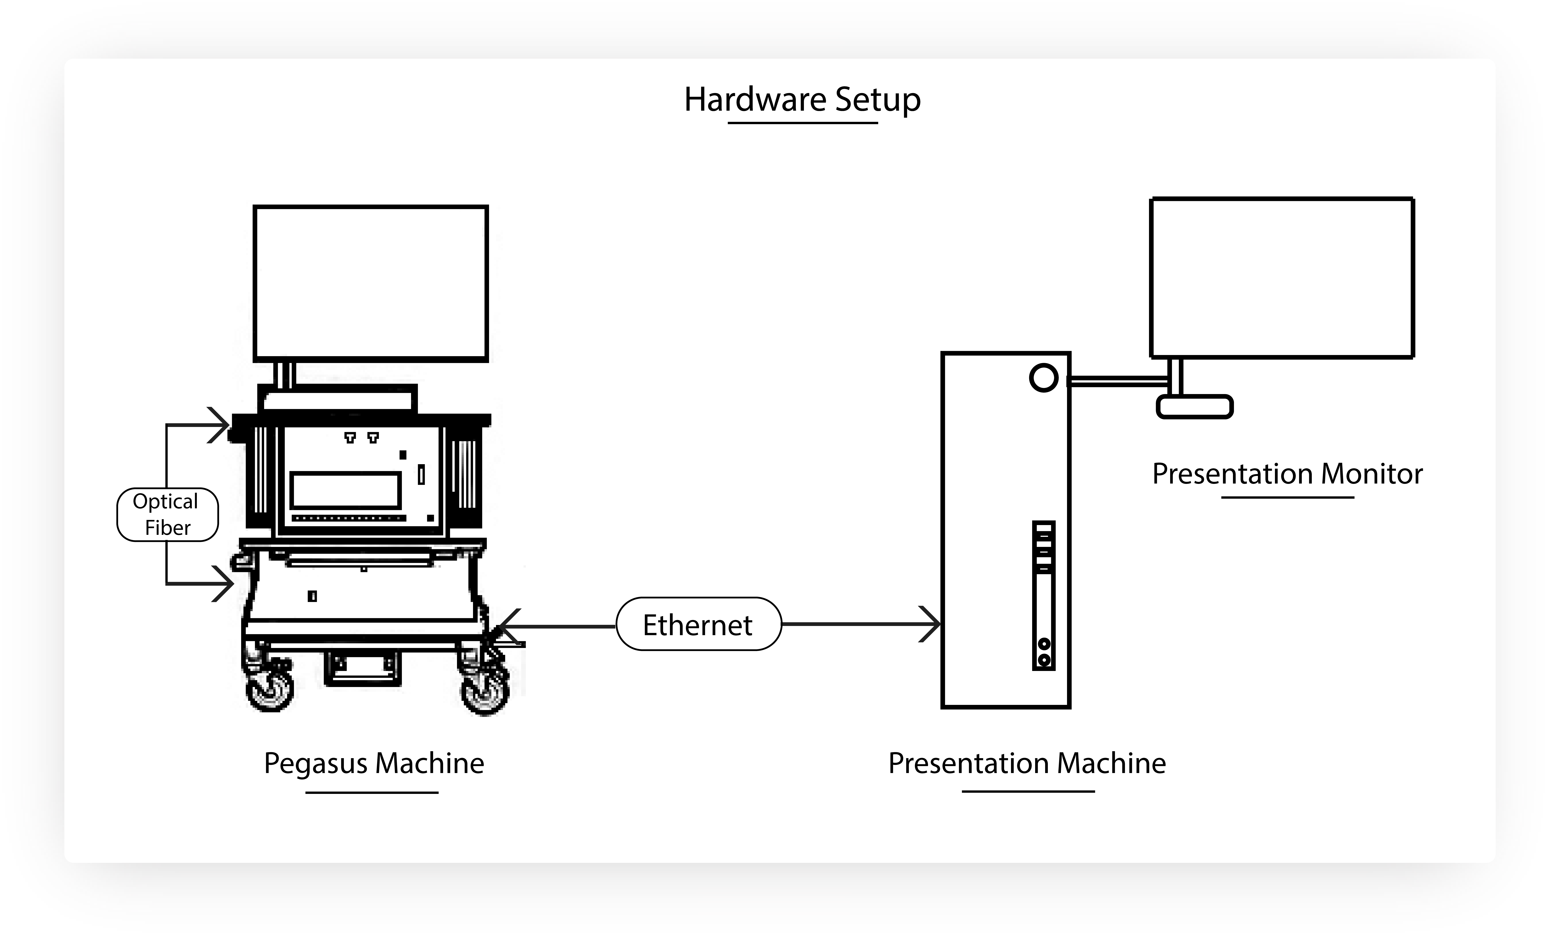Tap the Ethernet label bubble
pyautogui.click(x=698, y=624)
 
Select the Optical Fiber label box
pyautogui.click(x=167, y=514)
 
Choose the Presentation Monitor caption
pyautogui.click(x=1287, y=474)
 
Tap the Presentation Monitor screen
pyautogui.click(x=1282, y=277)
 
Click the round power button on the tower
pyautogui.click(x=1043, y=378)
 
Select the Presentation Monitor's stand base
pyautogui.click(x=1194, y=407)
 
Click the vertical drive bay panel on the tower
pyautogui.click(x=1043, y=595)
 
